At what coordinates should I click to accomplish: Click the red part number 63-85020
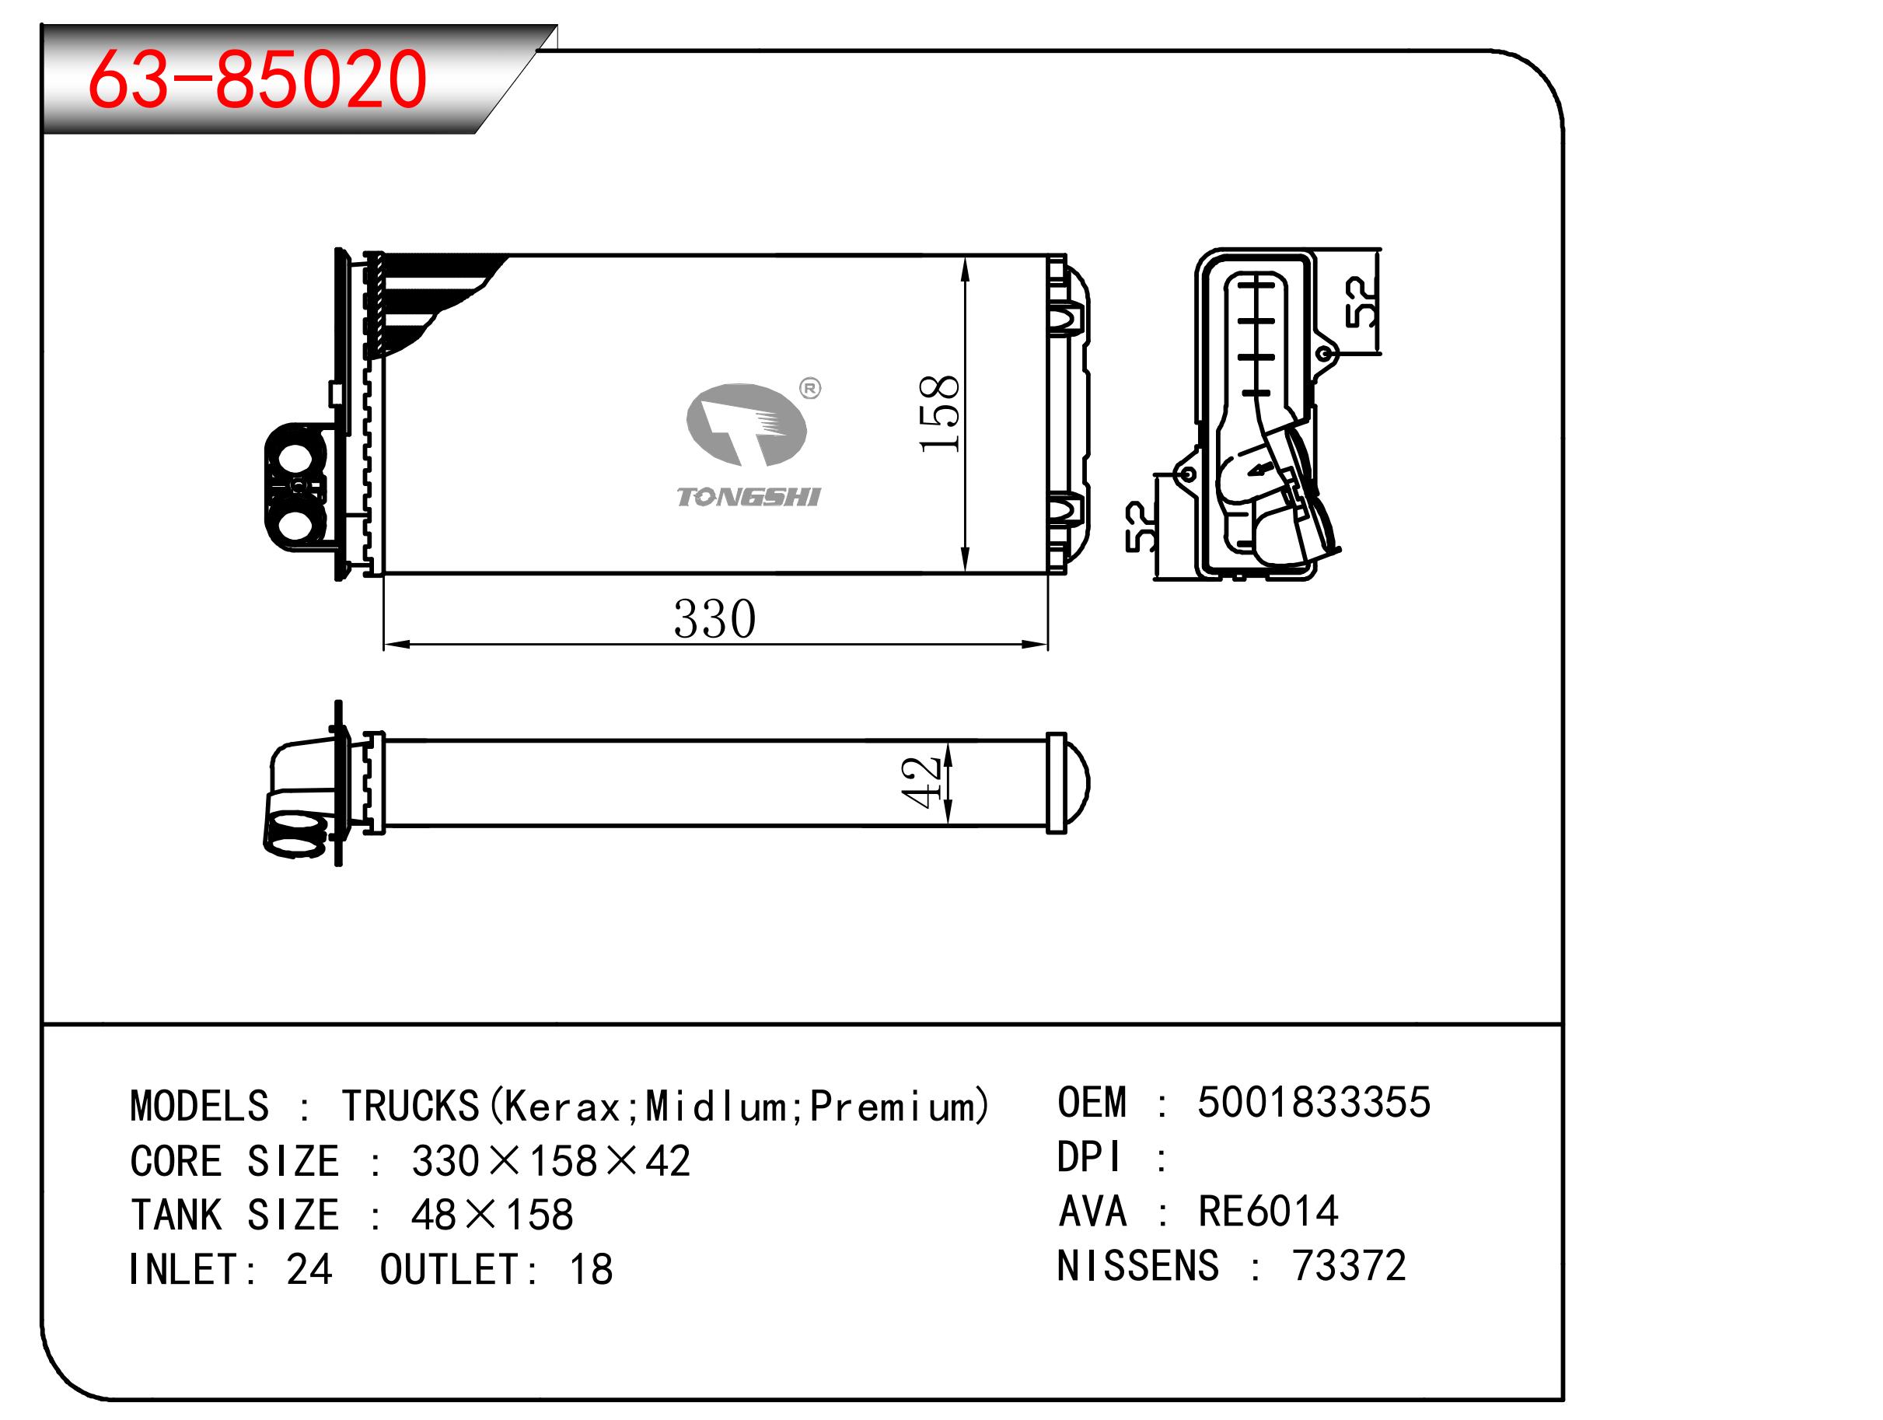257,79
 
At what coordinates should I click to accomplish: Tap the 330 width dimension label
714,619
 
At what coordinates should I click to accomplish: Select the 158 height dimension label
939,414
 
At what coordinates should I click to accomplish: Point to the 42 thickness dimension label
921,782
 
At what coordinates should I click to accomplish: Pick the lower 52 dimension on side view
1141,527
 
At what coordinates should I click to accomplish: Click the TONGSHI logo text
747,497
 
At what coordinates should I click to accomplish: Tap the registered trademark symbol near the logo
810,389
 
